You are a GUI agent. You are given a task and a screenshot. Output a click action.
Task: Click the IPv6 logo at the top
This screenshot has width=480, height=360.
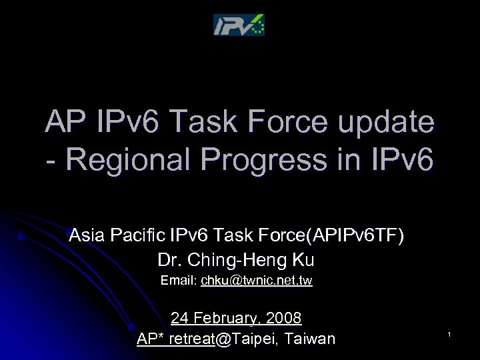(239, 25)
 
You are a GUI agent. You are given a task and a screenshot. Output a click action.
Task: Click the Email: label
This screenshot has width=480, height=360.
(179, 281)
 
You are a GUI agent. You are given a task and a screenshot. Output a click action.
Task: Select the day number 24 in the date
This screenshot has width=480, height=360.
(179, 317)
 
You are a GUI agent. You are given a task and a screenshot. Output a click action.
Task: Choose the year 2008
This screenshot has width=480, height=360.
(284, 317)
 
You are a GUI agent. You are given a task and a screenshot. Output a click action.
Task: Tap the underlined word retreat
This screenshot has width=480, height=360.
(192, 339)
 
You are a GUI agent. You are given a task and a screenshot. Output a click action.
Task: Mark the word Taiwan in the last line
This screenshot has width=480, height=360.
(309, 339)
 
